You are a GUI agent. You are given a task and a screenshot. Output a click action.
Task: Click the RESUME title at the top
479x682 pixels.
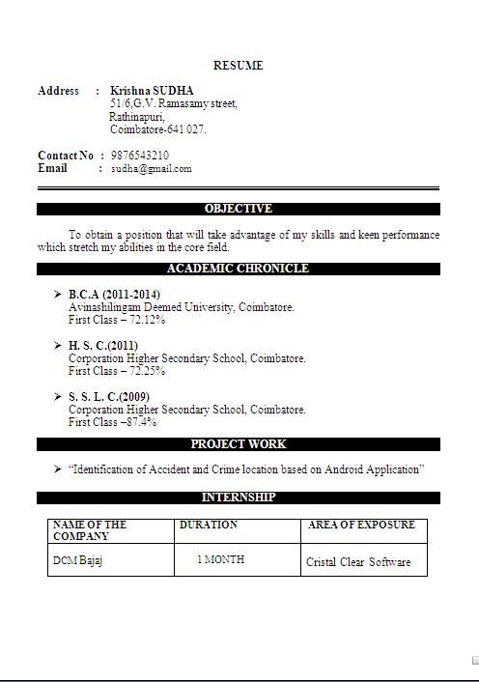tap(238, 66)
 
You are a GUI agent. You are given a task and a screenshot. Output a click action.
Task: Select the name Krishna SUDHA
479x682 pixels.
tap(152, 91)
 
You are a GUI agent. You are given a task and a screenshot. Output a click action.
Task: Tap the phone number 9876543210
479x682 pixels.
tap(140, 155)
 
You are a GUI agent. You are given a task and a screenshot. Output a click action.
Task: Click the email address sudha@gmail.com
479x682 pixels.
tap(151, 168)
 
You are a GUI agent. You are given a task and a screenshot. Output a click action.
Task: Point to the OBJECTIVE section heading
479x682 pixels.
tap(239, 209)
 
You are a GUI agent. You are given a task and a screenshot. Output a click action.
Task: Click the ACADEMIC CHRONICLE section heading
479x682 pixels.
tap(238, 269)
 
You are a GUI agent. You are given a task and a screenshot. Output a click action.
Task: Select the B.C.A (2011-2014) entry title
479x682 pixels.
tap(114, 294)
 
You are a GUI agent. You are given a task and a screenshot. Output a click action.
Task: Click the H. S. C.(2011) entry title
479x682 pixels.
tap(103, 345)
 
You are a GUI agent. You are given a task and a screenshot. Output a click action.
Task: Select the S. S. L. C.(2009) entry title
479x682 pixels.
tap(109, 396)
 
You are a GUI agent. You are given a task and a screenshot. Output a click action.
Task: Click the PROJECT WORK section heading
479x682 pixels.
tap(239, 444)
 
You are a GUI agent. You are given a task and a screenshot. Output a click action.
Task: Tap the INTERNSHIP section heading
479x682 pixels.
tap(239, 497)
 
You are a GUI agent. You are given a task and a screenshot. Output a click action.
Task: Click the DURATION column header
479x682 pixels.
tap(208, 525)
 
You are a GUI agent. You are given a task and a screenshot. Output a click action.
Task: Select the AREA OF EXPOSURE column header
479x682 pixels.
tap(361, 525)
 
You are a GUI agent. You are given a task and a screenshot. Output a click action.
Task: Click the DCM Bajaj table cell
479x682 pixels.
tap(78, 561)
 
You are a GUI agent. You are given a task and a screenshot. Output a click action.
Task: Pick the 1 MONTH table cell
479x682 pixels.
tap(220, 559)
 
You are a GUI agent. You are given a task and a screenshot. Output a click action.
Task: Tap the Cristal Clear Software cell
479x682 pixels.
tap(358, 562)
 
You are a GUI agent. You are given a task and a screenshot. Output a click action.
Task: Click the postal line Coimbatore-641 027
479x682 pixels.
tap(158, 129)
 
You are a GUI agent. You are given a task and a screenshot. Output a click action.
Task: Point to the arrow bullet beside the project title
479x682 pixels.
tap(58, 469)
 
